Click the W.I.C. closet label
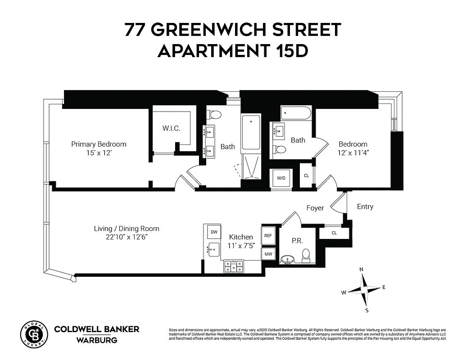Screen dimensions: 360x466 point(171,129)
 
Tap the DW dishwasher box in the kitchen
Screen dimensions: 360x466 point(214,232)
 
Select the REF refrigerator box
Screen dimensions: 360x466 point(268,235)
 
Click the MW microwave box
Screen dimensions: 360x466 point(268,254)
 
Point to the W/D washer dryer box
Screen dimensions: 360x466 point(281,178)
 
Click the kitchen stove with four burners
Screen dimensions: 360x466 point(234,266)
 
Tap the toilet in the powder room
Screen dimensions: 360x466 point(306,255)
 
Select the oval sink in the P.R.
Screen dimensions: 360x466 point(287,260)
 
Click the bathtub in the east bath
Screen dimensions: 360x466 point(296,113)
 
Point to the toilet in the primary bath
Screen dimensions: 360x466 point(215,114)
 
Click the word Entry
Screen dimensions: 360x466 point(365,207)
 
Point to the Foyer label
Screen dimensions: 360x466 point(315,208)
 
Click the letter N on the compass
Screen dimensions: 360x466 point(361,270)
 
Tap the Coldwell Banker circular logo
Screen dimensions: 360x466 point(34,334)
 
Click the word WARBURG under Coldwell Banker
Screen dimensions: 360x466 point(96,340)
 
